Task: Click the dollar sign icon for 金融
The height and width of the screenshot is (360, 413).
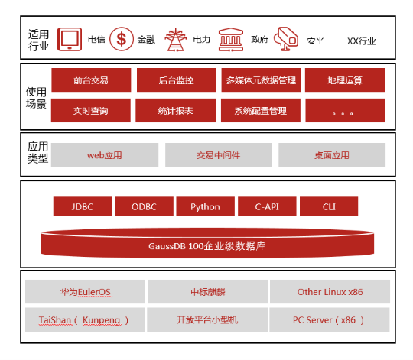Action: [122, 39]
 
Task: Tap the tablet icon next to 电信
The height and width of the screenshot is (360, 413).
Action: [70, 39]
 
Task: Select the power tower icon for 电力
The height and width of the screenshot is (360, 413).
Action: [175, 39]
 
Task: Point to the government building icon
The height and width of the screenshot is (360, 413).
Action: [231, 39]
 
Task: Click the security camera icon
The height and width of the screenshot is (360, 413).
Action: [286, 39]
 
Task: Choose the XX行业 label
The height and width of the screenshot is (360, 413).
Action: [361, 41]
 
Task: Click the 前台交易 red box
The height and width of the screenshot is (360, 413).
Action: [91, 80]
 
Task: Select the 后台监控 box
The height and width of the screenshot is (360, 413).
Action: [177, 80]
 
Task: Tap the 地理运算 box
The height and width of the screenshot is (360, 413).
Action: [345, 80]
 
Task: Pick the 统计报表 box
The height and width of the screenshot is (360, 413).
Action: [175, 111]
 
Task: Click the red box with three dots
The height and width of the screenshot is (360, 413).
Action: [345, 111]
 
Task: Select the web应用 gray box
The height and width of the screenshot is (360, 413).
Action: [105, 155]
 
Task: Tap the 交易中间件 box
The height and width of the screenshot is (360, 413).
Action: [218, 155]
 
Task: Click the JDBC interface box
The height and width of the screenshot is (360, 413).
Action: [83, 206]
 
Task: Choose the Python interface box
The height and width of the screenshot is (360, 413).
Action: [206, 206]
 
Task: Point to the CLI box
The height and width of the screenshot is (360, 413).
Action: [329, 206]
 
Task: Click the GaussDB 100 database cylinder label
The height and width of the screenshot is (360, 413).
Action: [207, 246]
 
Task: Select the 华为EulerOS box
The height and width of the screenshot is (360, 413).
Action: [86, 291]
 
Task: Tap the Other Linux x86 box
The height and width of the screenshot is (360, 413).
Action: [330, 291]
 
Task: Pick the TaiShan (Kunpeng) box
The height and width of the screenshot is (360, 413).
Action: [86, 320]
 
